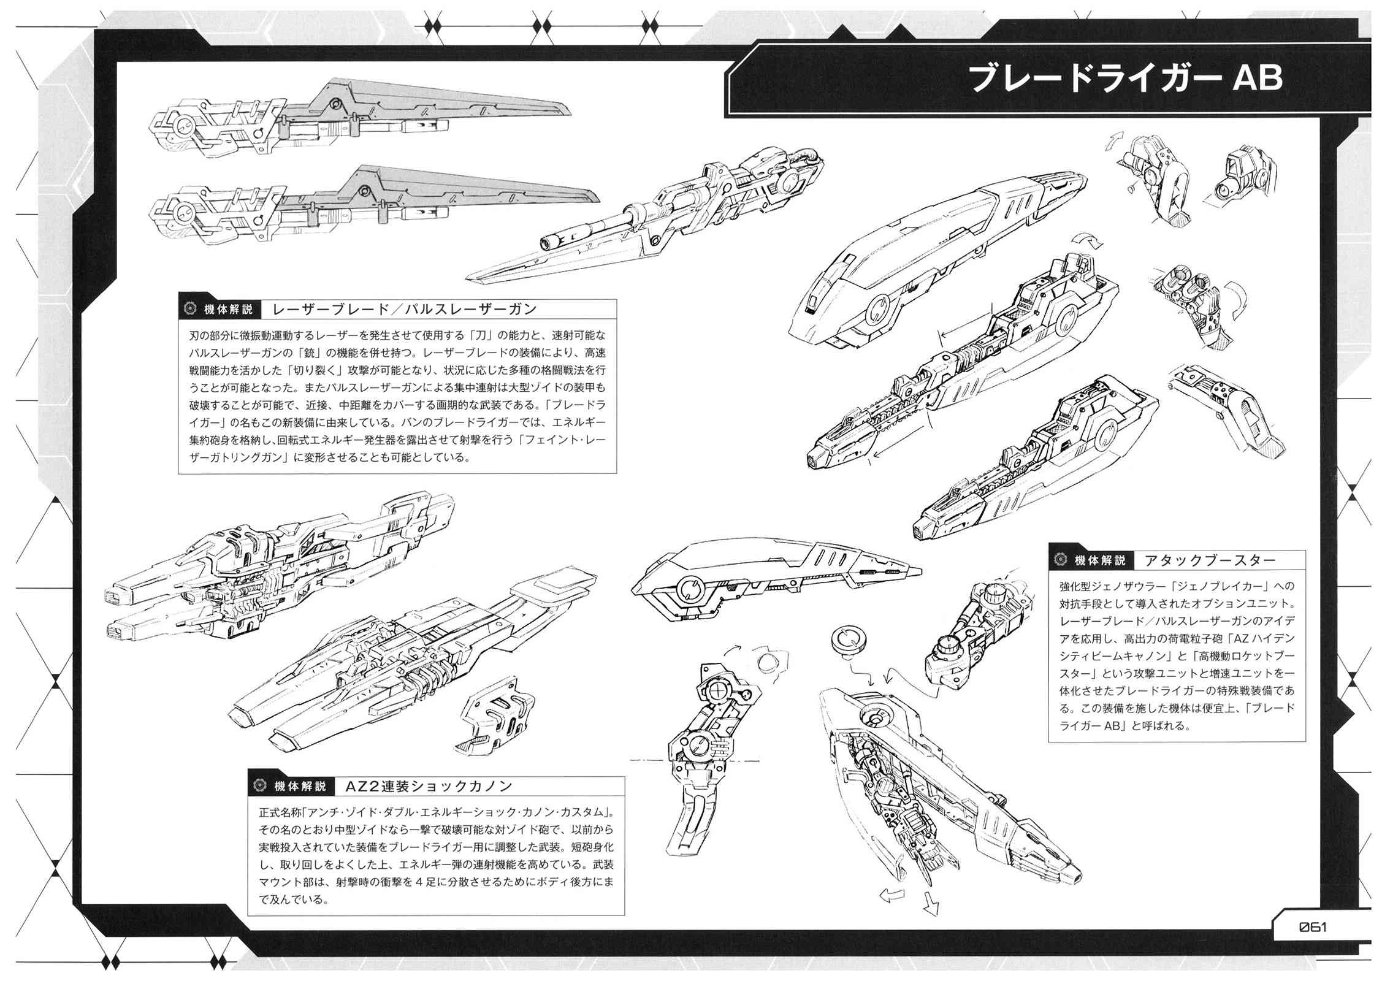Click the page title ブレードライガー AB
point(1126,80)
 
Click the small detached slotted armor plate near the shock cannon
point(495,714)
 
